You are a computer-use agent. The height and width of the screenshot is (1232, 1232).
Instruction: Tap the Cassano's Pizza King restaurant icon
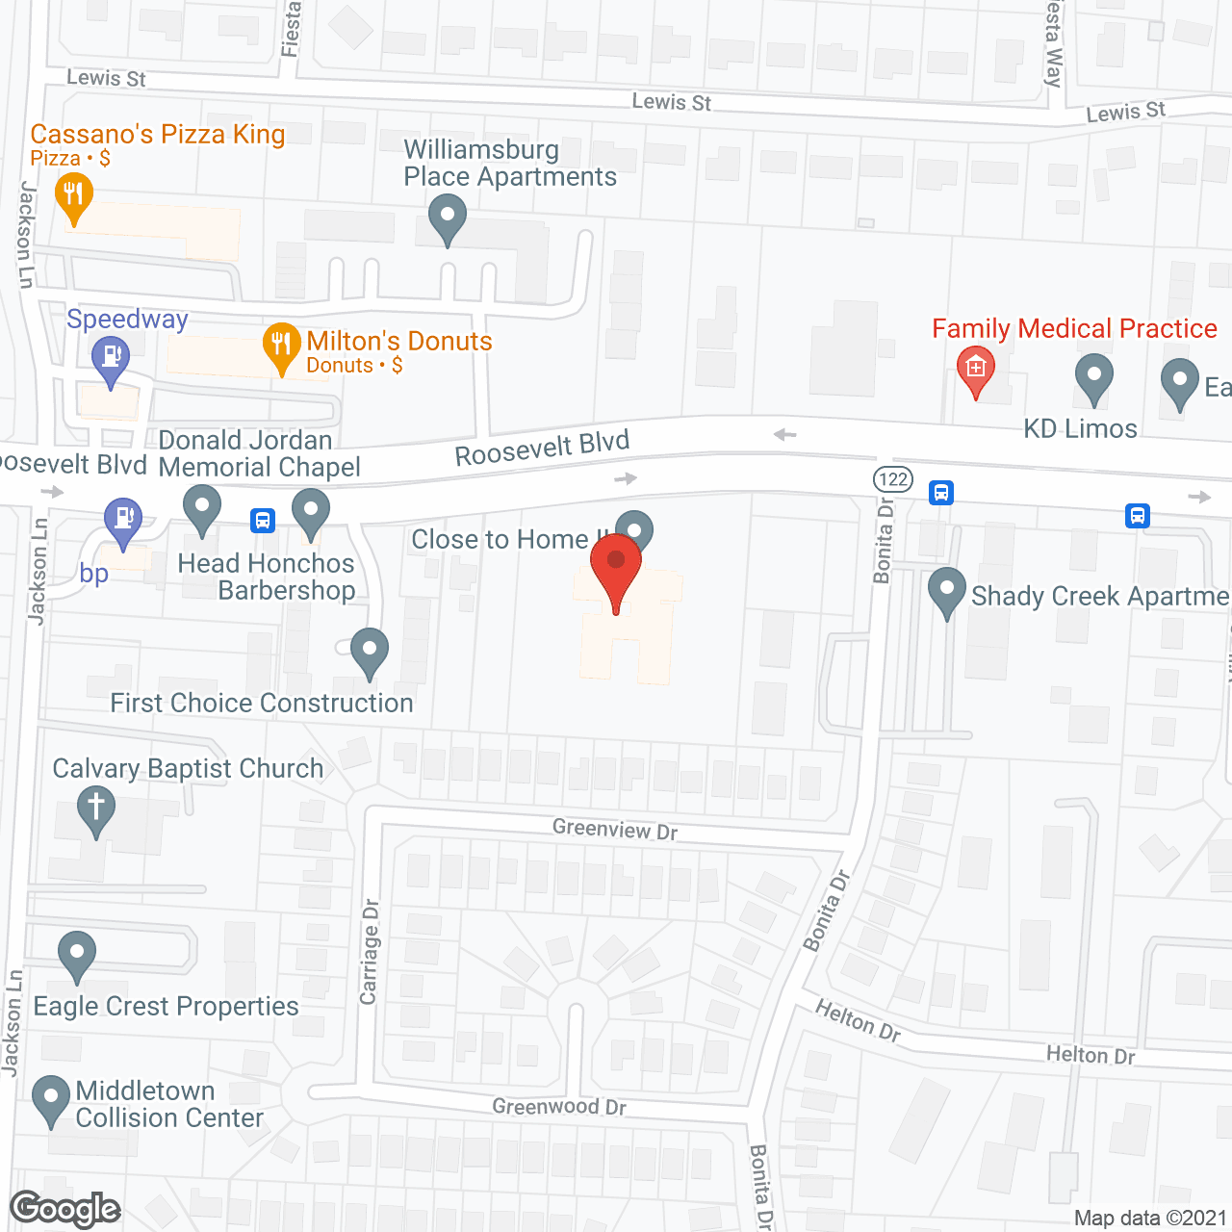pyautogui.click(x=74, y=196)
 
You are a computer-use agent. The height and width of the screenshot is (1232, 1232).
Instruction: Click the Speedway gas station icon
pyautogui.click(x=111, y=359)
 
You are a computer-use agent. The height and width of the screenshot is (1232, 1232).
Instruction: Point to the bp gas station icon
pyautogui.click(x=123, y=521)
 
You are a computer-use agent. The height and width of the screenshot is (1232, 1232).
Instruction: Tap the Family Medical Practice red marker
pyautogui.click(x=976, y=370)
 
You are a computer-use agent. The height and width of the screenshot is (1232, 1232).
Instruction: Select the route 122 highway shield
pyautogui.click(x=893, y=478)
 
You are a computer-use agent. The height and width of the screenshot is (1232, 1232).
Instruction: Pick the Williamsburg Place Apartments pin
pyautogui.click(x=447, y=218)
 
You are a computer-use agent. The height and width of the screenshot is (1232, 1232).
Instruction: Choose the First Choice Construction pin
pyautogui.click(x=369, y=651)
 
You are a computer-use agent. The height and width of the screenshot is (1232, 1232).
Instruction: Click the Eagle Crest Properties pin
pyautogui.click(x=77, y=955)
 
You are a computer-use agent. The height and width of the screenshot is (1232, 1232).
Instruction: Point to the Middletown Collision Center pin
pyautogui.click(x=50, y=1099)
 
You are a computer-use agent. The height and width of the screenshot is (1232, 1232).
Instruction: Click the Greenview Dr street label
pyautogui.click(x=615, y=829)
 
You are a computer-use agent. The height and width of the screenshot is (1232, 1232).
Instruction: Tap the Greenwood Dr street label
pyautogui.click(x=559, y=1107)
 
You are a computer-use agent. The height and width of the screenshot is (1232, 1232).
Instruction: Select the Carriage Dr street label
pyautogui.click(x=370, y=952)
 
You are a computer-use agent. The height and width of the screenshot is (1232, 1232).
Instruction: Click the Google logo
pyautogui.click(x=64, y=1209)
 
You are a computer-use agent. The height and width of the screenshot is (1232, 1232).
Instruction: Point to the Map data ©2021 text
pyautogui.click(x=1150, y=1218)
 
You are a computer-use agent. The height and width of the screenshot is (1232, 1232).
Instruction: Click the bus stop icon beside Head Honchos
pyautogui.click(x=263, y=521)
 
